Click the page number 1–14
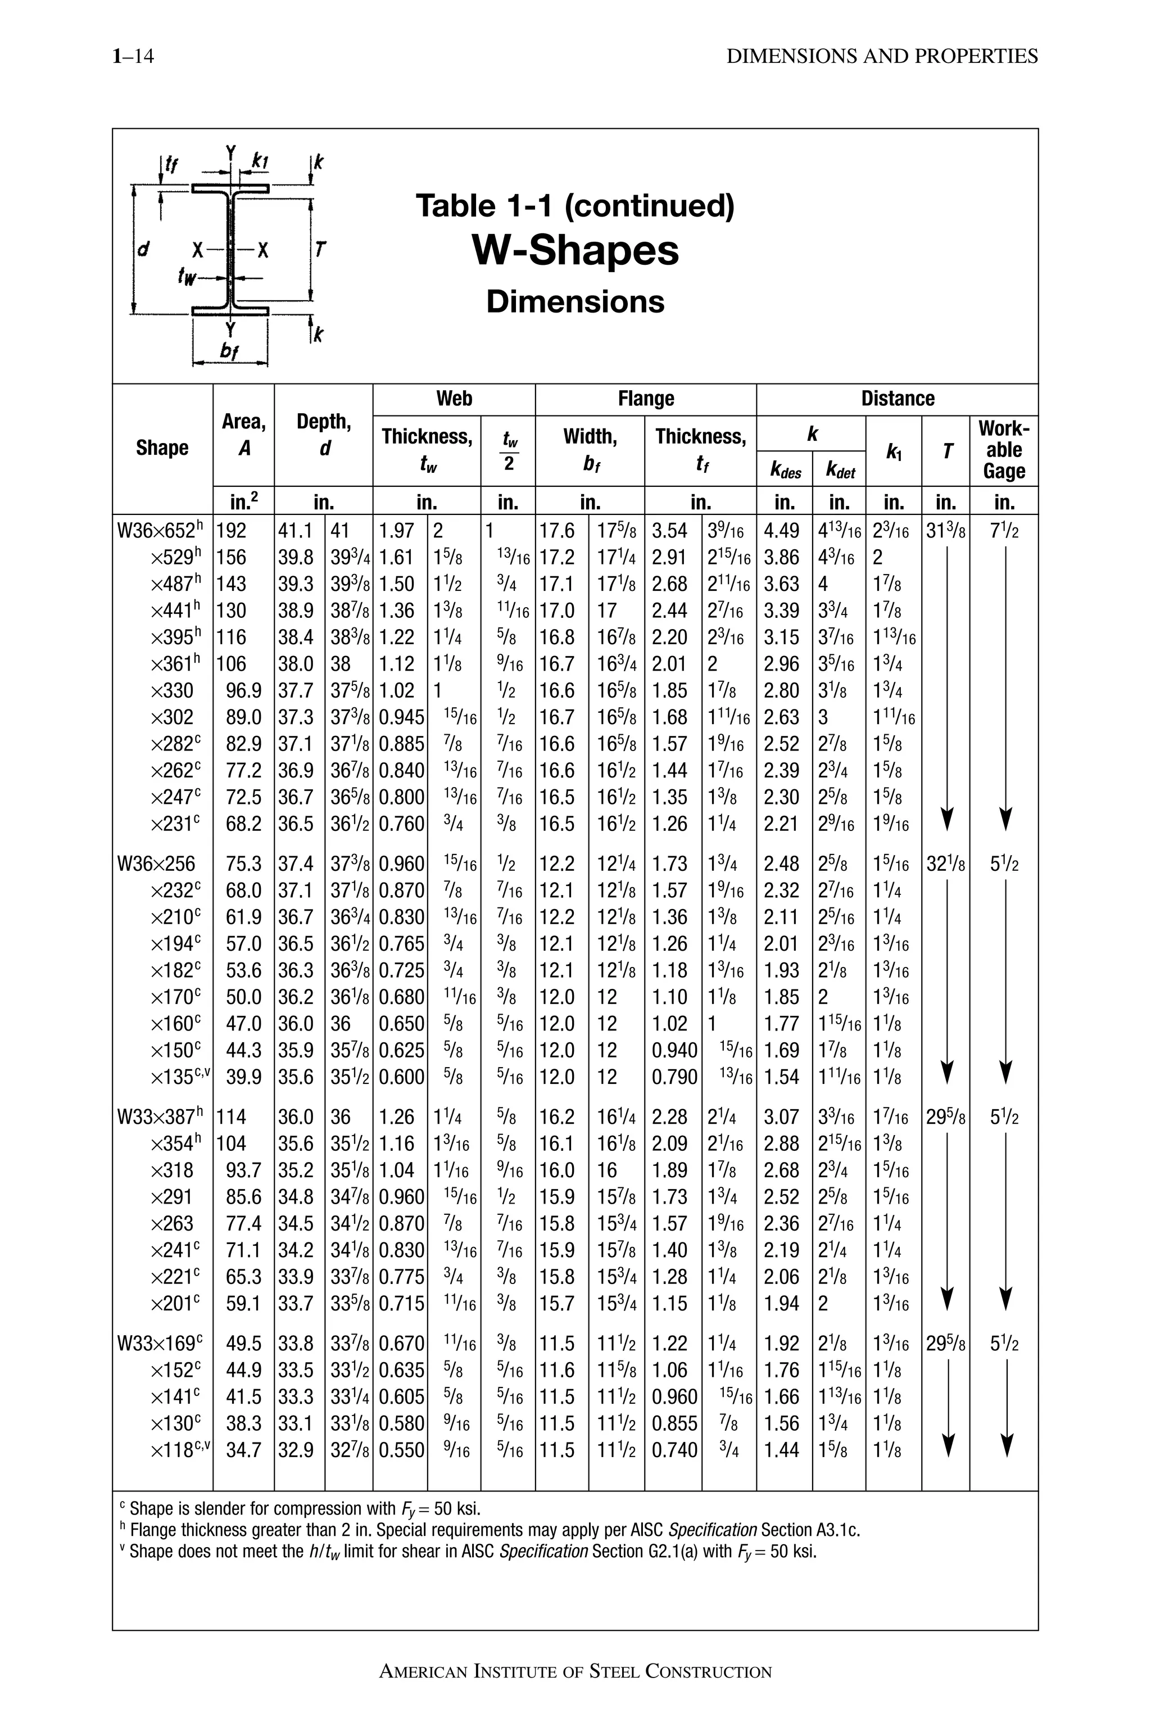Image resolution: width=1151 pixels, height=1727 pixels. pos(133,57)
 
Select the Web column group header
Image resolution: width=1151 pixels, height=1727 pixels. pos(454,399)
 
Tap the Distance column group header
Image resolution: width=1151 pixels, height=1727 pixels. pos(897,399)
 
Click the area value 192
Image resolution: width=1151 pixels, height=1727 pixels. pos(232,530)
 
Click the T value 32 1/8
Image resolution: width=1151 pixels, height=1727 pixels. pos(945,864)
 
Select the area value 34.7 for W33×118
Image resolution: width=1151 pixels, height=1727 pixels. pos(244,1450)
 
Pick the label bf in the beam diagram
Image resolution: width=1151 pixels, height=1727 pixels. pos(230,352)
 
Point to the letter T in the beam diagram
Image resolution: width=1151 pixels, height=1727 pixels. pos(320,250)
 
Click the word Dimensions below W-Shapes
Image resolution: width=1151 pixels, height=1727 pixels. pos(575,302)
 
